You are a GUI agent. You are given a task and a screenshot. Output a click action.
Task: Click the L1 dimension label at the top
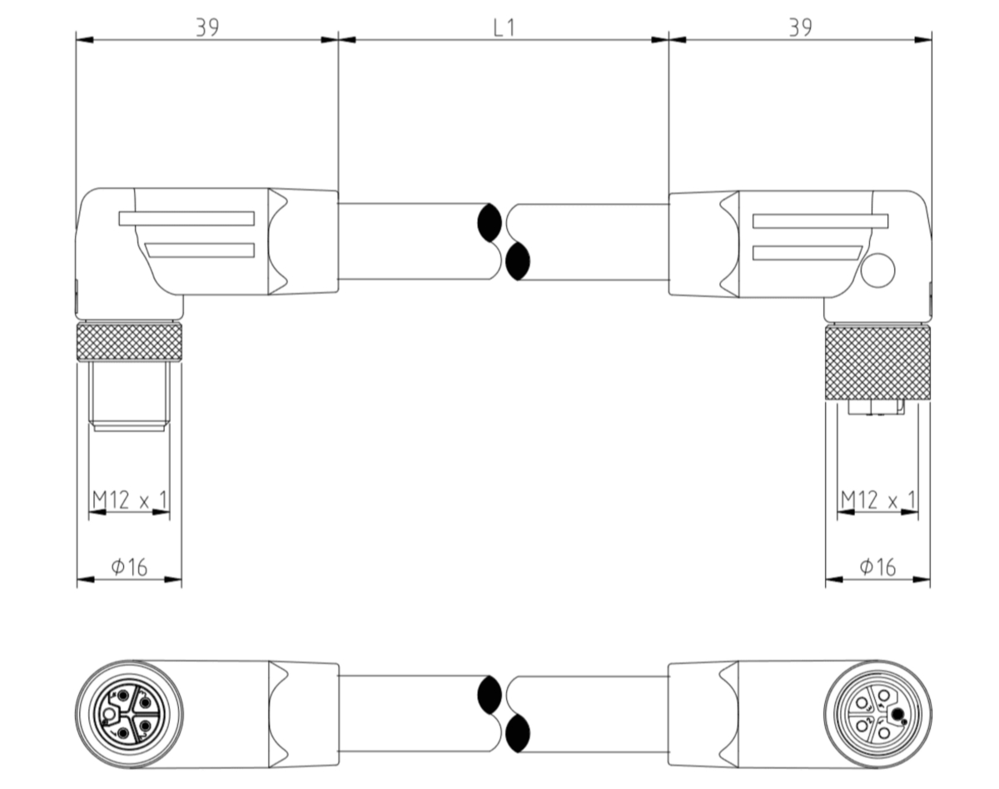[x=504, y=27]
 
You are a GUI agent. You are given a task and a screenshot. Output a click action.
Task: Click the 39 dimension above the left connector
[x=207, y=27]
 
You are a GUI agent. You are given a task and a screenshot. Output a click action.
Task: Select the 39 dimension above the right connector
[x=800, y=27]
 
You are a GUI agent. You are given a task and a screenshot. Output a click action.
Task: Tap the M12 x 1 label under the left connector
[x=129, y=499]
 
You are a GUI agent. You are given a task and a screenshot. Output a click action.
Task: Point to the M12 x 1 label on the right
[x=877, y=499]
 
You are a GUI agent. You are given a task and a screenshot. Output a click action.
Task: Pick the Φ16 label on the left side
[x=129, y=568]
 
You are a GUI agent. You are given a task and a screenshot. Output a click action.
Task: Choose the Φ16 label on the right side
[x=877, y=568]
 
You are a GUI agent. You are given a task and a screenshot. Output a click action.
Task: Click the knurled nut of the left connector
[x=129, y=342]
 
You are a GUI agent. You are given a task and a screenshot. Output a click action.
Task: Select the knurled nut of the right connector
[x=877, y=363]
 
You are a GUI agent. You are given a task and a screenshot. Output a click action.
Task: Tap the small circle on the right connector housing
[x=877, y=271]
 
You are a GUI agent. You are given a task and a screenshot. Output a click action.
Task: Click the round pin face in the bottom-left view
[x=128, y=713]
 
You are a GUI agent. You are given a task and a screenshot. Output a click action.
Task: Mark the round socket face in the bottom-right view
[x=877, y=713]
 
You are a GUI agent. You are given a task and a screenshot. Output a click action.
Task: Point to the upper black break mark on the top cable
[x=489, y=223]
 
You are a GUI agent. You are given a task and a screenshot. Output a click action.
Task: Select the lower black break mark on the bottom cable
[x=518, y=733]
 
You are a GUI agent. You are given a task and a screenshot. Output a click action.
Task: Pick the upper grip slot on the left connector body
[x=186, y=219]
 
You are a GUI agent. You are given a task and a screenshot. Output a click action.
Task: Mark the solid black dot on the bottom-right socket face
[x=898, y=714]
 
